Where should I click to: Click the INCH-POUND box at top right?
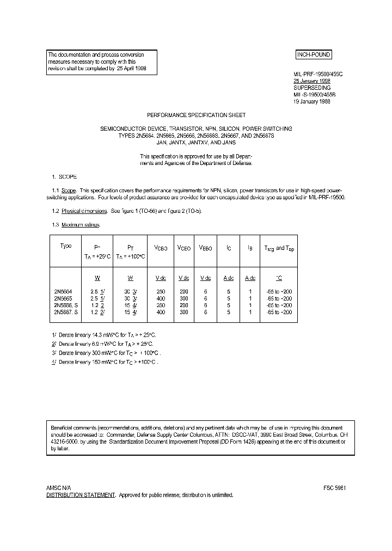coord(313,55)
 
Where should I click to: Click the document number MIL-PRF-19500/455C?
coord(318,74)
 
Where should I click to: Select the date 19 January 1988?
coord(313,101)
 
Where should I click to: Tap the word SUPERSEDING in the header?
coord(312,87)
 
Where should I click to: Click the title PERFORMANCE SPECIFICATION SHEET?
coord(196,115)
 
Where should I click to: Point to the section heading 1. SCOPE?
coord(64,177)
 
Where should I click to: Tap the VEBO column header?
coord(206,248)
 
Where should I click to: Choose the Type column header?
coord(65,246)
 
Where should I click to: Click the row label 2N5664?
coord(63,291)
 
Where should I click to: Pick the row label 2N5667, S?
coord(66,313)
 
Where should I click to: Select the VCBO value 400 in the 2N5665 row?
coord(160,298)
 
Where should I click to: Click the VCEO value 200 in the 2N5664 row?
coord(183,291)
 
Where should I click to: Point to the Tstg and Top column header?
coord(279,248)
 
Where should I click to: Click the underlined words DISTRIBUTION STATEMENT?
coord(81,495)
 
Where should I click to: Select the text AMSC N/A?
coord(59,488)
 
